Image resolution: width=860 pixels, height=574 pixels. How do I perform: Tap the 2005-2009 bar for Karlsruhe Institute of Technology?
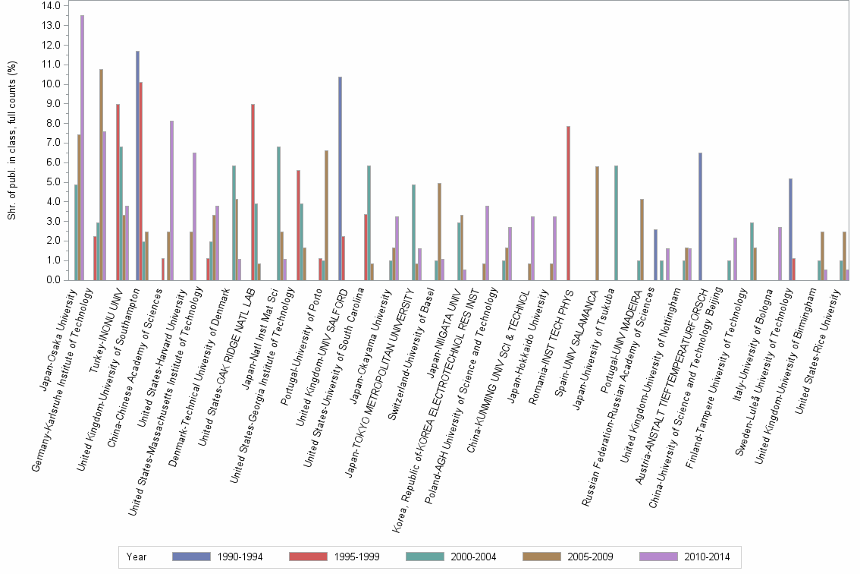coord(101,175)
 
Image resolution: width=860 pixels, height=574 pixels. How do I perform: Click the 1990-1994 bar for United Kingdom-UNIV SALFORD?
coord(340,178)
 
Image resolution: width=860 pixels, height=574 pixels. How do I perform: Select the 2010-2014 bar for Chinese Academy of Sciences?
coord(172,200)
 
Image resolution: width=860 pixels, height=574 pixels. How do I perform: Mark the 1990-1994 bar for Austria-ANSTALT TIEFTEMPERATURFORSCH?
coord(700,216)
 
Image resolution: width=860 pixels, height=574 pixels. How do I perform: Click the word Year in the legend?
coord(137,557)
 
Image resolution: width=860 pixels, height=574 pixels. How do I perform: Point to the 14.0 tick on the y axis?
coord(51,5)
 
